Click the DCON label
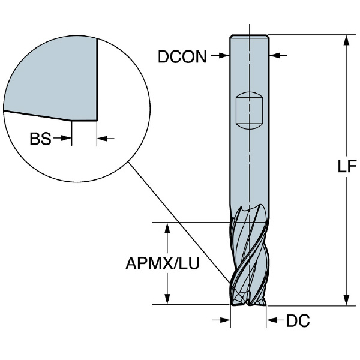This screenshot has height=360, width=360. (x=182, y=57)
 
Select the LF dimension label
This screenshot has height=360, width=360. (x=347, y=166)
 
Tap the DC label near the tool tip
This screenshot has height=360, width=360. (x=298, y=320)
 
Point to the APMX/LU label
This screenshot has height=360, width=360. (x=163, y=263)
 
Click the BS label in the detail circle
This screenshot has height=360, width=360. (x=40, y=139)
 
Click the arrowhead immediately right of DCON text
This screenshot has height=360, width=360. (x=224, y=55)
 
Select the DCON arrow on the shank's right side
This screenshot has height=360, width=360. (x=278, y=55)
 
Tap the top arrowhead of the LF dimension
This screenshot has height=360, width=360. (x=347, y=40)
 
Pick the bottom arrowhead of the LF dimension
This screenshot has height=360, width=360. (x=347, y=300)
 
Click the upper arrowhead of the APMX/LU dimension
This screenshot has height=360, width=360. (x=167, y=228)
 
